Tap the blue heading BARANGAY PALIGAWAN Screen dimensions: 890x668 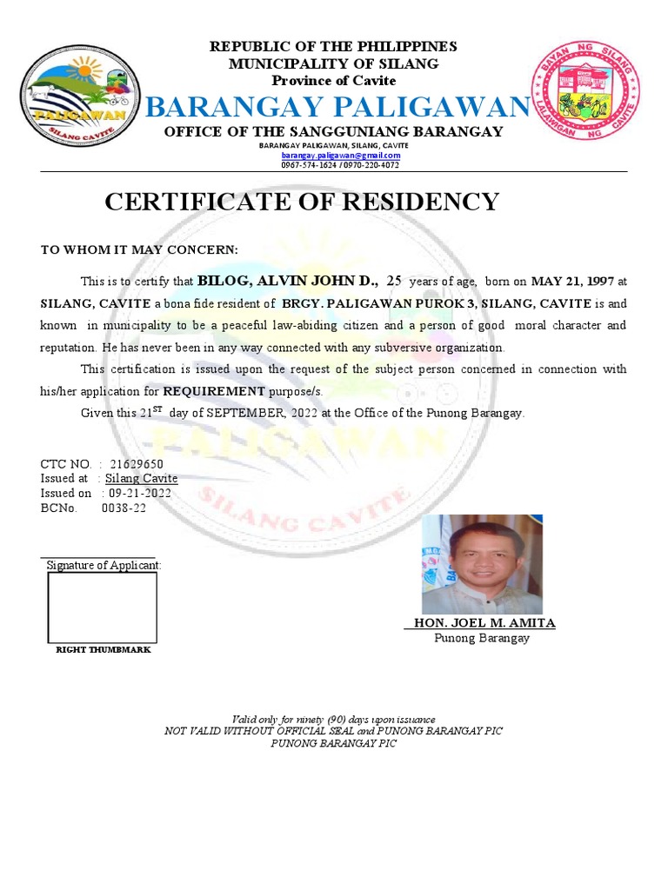(337, 107)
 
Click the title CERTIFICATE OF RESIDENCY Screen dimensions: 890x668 (302, 202)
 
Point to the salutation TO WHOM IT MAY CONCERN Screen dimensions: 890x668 (139, 250)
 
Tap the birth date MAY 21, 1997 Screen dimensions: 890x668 (572, 282)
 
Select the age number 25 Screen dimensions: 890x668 (394, 282)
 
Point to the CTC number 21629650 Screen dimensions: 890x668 (137, 464)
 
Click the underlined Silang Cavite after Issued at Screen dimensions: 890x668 (141, 479)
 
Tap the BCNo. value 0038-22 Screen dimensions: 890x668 (124, 508)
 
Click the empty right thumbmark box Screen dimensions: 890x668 (102, 608)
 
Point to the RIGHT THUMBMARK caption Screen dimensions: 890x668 (104, 650)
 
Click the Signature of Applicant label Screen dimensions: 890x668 (104, 565)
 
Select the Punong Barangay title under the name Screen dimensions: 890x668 (482, 638)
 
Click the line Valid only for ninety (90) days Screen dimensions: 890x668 (333, 720)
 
